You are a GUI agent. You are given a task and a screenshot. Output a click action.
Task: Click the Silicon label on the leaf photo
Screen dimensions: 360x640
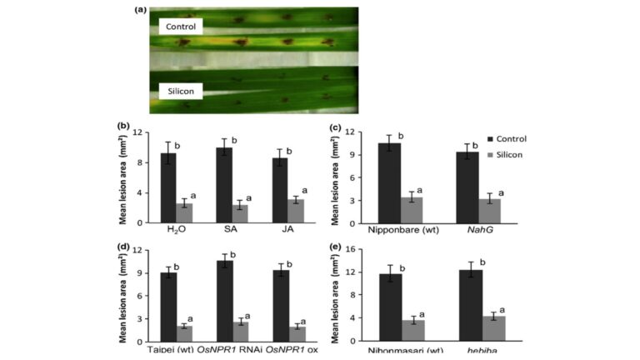pos(180,90)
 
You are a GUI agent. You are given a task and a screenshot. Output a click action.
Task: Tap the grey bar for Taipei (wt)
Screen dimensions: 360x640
pos(185,331)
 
